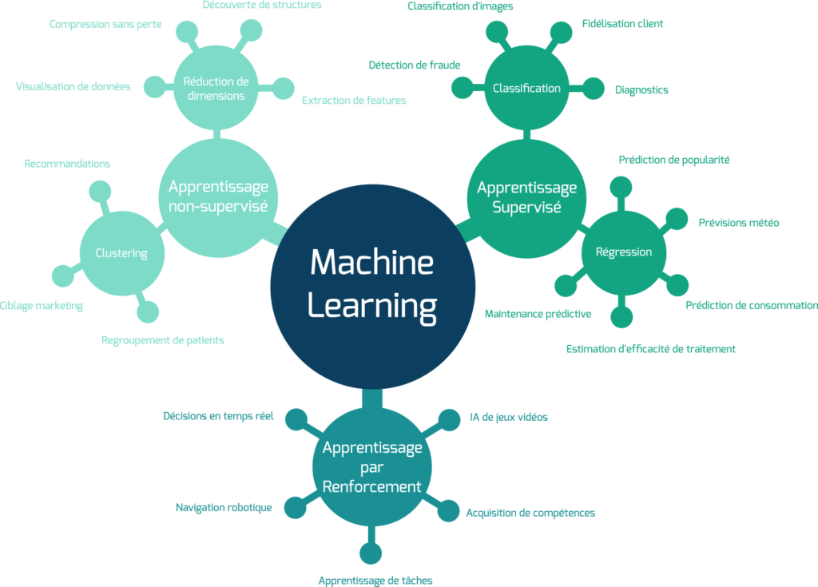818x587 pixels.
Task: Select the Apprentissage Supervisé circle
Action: (526, 197)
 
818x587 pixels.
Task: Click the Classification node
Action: (526, 88)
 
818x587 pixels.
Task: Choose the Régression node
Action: (624, 252)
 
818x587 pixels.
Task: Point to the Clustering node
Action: (121, 253)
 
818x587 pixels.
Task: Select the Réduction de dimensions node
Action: (215, 88)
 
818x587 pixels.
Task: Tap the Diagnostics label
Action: (641, 90)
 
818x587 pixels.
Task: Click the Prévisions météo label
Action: (739, 223)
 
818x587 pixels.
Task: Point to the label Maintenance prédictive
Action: (538, 314)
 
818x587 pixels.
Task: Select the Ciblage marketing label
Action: (42, 306)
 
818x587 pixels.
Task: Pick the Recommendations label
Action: (68, 164)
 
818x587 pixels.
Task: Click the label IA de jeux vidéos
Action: (509, 417)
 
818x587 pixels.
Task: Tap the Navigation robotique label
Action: (224, 507)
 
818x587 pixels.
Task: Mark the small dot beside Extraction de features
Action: (284, 88)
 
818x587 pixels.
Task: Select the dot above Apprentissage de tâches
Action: (370, 553)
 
